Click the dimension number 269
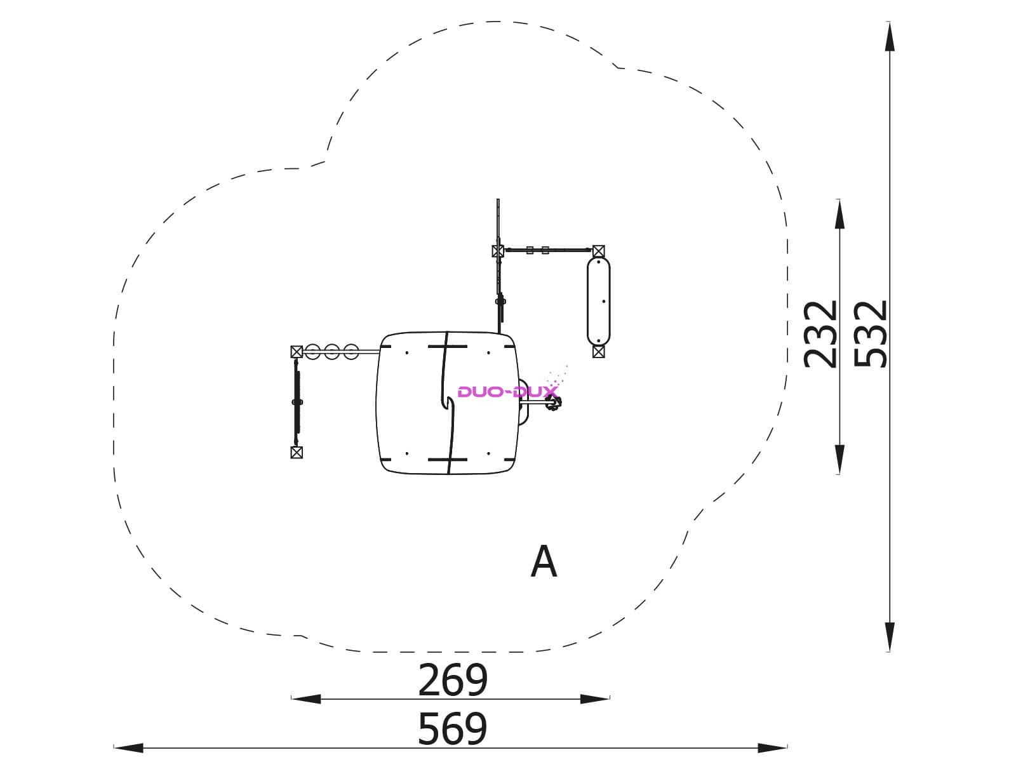click(452, 679)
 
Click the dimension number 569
click(452, 729)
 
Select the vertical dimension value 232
click(820, 334)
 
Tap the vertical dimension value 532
click(870, 334)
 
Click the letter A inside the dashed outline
click(544, 561)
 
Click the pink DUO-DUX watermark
click(508, 392)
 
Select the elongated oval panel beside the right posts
click(599, 301)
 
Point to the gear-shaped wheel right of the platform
click(552, 403)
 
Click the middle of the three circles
click(331, 352)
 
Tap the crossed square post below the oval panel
click(599, 352)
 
